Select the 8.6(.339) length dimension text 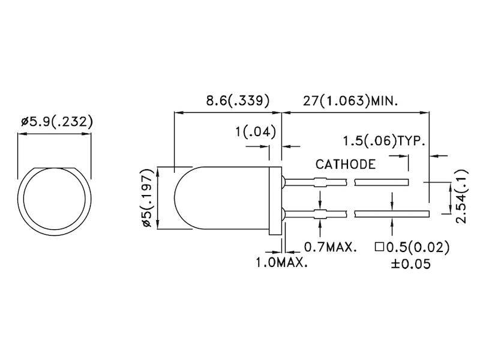[228, 100]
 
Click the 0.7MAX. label [331, 247]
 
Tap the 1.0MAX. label [282, 263]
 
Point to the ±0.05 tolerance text [411, 264]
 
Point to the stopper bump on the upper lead [320, 183]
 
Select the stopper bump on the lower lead [320, 213]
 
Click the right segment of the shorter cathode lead [382, 183]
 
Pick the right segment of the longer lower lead [392, 213]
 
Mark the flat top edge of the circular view [55, 167]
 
